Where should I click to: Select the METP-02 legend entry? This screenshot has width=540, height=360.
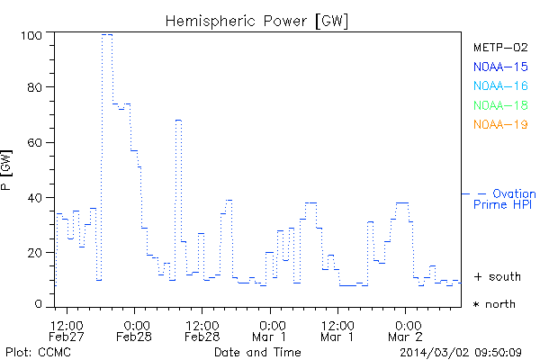click(499, 47)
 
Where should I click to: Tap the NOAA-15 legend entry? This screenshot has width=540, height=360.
click(499, 67)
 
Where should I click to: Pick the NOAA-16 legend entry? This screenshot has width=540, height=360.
click(499, 86)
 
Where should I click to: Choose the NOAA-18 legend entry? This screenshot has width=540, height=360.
click(499, 106)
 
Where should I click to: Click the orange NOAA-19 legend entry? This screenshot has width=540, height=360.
click(499, 125)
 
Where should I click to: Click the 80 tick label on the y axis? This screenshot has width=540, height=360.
click(40, 89)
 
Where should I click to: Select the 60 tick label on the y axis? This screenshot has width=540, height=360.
click(40, 143)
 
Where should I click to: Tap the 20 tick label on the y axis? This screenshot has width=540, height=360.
click(40, 252)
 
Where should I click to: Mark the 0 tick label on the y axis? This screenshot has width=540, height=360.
click(43, 306)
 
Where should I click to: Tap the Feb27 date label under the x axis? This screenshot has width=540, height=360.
click(67, 337)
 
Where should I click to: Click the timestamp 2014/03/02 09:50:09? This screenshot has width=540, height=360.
click(462, 352)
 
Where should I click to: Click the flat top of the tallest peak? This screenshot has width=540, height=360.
click(107, 34)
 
